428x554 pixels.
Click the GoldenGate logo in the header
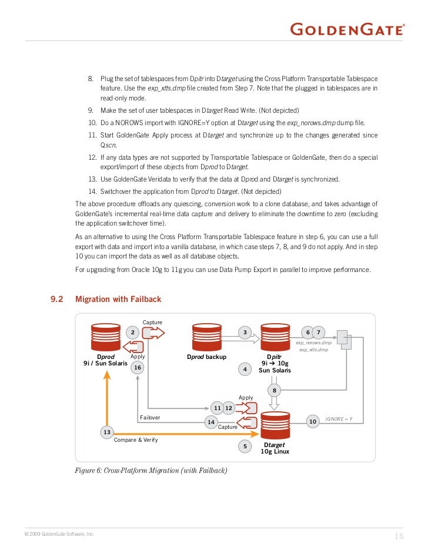tap(348, 29)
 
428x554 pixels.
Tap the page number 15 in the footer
tap(399, 536)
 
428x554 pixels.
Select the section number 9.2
tap(56, 299)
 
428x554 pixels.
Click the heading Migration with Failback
tap(118, 299)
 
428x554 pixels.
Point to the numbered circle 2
tap(133, 333)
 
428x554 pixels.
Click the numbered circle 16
tap(138, 368)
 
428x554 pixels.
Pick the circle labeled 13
tap(107, 432)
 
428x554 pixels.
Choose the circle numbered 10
tap(313, 421)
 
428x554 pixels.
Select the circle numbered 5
tap(245, 447)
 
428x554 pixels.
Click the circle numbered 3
tap(245, 333)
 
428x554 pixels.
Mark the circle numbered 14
tap(210, 422)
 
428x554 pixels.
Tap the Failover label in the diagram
tap(150, 417)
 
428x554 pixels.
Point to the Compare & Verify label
tap(136, 439)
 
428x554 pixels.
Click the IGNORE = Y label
tap(339, 419)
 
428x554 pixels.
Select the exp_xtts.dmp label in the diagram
tap(314, 350)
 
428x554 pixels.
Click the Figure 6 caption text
tap(151, 471)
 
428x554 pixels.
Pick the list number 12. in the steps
tap(92, 157)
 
